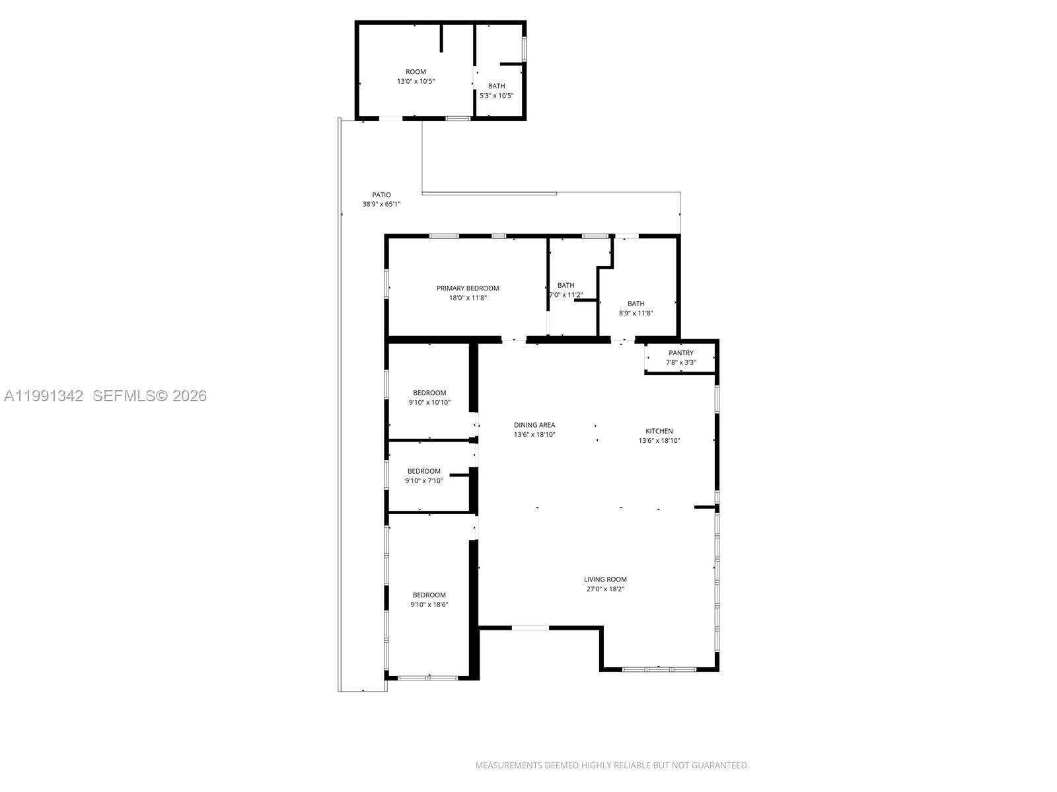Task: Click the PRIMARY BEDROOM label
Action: [468, 288]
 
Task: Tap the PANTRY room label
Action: [680, 353]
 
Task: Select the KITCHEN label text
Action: [659, 431]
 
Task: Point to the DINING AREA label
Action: [534, 425]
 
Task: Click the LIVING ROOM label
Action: [605, 579]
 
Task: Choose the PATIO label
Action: [381, 195]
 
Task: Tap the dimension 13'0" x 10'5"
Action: [416, 81]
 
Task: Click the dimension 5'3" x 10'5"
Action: [496, 96]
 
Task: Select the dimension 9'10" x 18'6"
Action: [429, 605]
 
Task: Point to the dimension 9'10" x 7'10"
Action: [423, 480]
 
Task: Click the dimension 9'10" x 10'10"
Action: [429, 402]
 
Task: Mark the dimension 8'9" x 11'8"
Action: [636, 313]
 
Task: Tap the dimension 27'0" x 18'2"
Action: [605, 589]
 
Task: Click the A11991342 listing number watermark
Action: [44, 396]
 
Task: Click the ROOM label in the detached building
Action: [416, 72]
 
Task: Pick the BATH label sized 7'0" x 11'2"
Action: [565, 285]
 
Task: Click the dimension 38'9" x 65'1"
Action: [381, 204]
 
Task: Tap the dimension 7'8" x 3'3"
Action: [680, 362]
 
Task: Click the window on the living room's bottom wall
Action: [659, 669]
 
